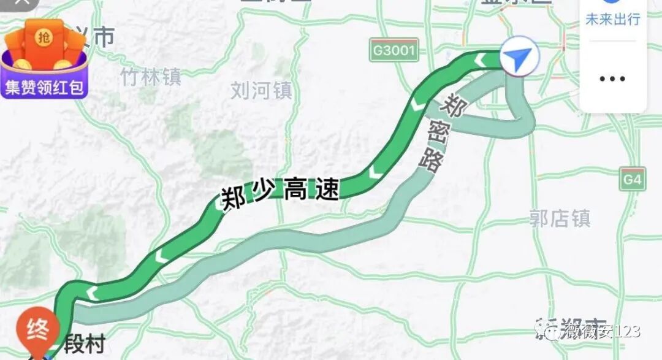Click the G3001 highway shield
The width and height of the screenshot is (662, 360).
click(394, 50)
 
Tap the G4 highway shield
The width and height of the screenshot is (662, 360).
click(632, 179)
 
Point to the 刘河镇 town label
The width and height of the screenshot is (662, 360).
click(262, 91)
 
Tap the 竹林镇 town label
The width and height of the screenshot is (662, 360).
click(150, 77)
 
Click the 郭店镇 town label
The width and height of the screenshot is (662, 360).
click(560, 218)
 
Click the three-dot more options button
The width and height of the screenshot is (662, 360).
click(612, 79)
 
